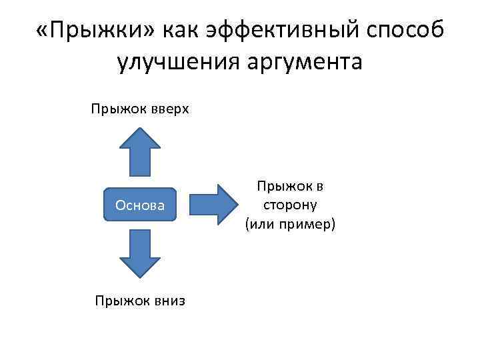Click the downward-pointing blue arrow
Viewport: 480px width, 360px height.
[x=140, y=254]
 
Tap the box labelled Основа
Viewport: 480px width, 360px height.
[x=140, y=205]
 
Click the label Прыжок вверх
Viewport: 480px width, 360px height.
[x=141, y=108]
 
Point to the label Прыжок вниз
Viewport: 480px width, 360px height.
[x=140, y=301]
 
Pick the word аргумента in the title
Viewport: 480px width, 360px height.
[x=312, y=63]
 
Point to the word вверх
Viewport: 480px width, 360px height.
[x=170, y=108]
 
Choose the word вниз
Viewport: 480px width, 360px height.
[x=169, y=301]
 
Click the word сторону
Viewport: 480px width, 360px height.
[x=290, y=206]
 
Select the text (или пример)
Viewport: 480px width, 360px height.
[x=290, y=224]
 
